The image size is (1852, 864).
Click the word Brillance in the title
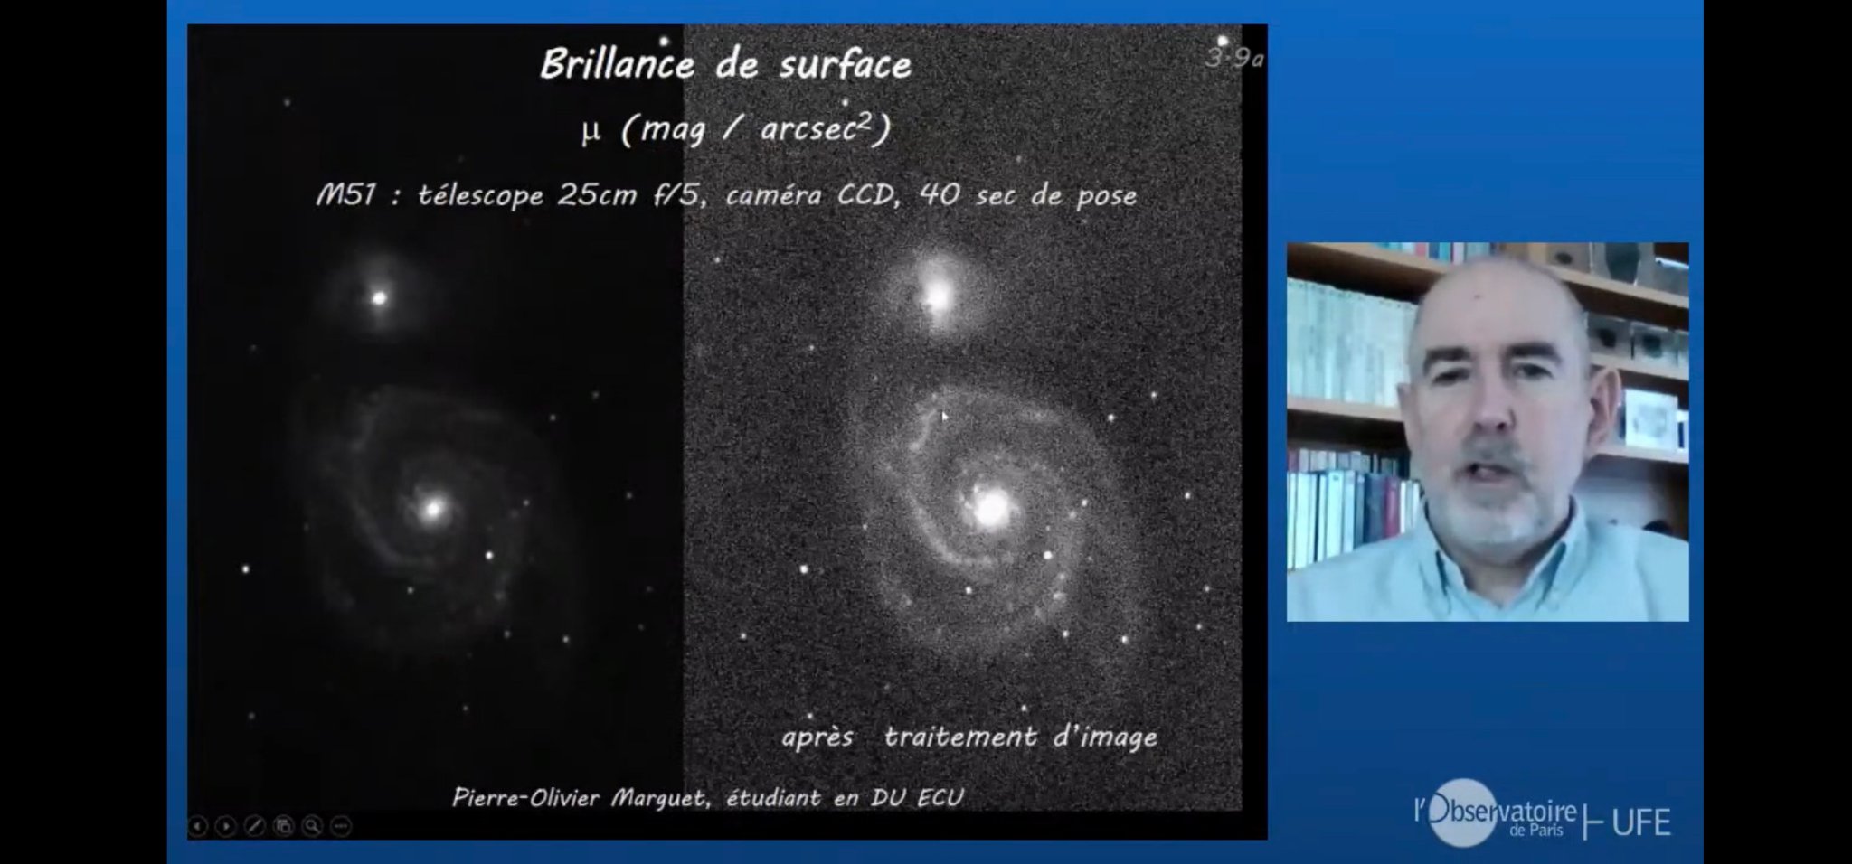pos(618,65)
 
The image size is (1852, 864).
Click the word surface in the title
pos(846,65)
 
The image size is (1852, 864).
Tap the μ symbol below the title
pos(591,132)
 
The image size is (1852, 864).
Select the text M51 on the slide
pos(345,195)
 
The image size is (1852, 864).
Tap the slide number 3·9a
pos(1234,59)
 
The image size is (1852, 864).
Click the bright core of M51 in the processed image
pos(991,508)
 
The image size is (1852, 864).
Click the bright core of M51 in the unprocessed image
pos(433,509)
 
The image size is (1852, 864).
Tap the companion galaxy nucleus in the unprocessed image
pos(380,297)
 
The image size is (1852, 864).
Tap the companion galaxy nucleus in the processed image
pos(936,295)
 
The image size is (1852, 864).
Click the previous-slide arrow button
pos(198,826)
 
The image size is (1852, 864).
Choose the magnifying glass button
pos(312,826)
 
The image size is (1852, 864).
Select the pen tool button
pos(255,826)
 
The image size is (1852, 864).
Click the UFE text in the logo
pos(1640,822)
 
